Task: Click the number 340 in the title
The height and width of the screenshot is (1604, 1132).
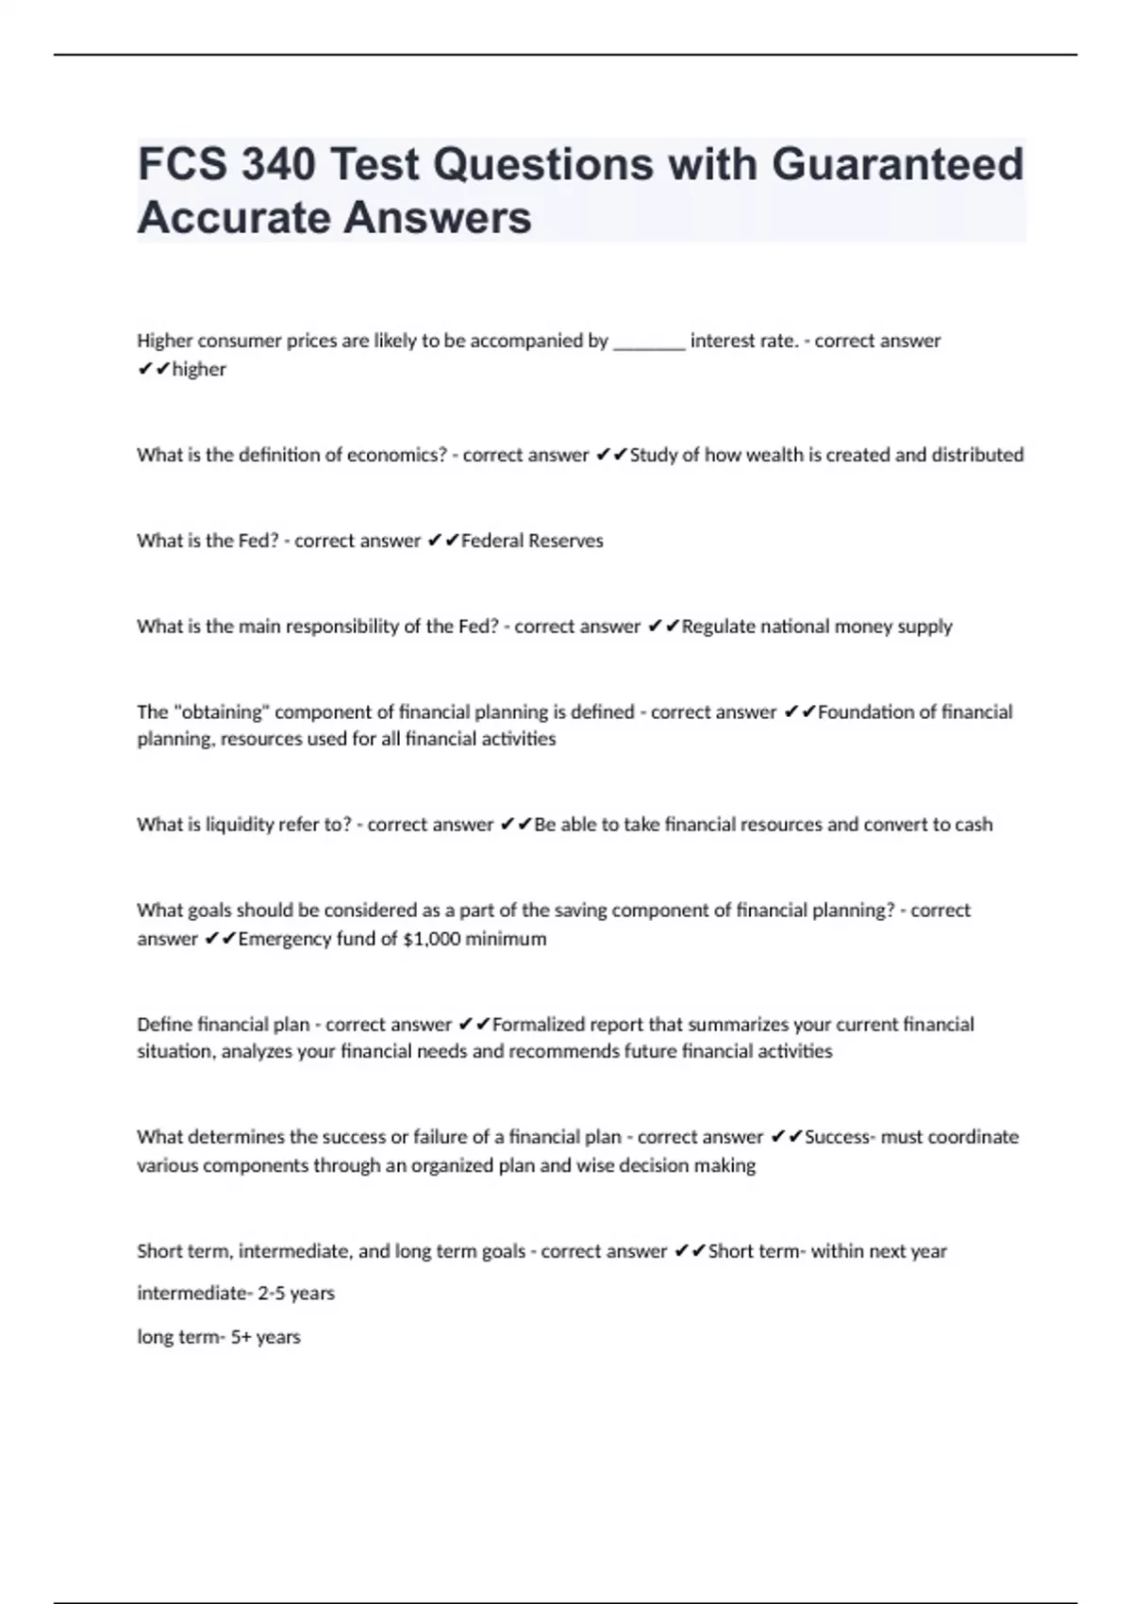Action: [x=277, y=164]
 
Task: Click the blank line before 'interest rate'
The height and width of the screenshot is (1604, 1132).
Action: [x=649, y=342]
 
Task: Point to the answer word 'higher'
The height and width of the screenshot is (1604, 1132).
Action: [x=199, y=370]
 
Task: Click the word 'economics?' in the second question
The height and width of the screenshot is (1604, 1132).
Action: [x=397, y=455]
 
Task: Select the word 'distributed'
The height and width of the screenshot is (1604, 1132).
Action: [x=977, y=455]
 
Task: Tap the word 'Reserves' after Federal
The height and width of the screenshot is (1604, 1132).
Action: [x=566, y=541]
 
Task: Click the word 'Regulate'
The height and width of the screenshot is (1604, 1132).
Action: [x=718, y=627]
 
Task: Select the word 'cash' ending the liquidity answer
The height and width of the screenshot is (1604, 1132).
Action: [x=974, y=825]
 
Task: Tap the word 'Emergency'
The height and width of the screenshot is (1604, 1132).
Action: [x=281, y=939]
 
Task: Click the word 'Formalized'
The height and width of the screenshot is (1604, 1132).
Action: [x=539, y=1025]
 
